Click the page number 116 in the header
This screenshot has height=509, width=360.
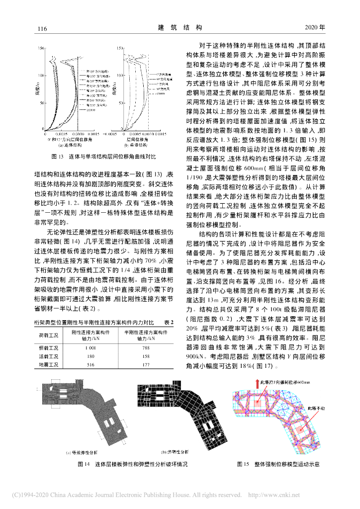[x=42, y=28]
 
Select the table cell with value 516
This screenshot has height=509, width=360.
[x=90, y=365]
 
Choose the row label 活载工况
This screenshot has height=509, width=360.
[x=49, y=356]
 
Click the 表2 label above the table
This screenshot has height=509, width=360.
[x=168, y=323]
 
